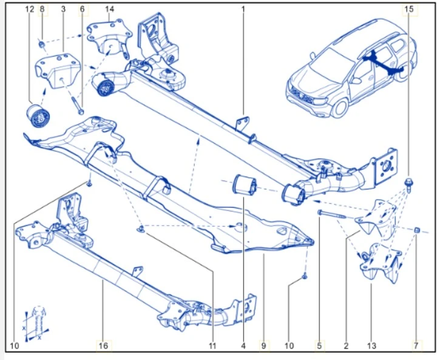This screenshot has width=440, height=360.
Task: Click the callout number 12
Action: [x=30, y=9]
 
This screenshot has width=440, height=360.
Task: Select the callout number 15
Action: [x=409, y=9]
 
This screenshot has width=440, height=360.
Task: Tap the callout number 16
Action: [x=103, y=346]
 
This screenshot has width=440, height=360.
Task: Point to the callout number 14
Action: [x=109, y=9]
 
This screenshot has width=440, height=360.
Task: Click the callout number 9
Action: [x=264, y=346]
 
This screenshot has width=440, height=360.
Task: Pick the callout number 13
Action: [x=371, y=346]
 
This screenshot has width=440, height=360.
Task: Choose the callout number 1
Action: [x=243, y=9]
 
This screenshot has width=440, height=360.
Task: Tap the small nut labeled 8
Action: [x=42, y=44]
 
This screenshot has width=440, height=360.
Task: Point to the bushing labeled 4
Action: [x=245, y=185]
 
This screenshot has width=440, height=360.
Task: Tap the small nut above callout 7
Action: [x=418, y=230]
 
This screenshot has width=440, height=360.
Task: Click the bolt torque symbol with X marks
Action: [x=38, y=319]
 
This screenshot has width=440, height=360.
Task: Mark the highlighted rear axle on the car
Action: [x=379, y=63]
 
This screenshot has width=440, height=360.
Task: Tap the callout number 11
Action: [x=212, y=346]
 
